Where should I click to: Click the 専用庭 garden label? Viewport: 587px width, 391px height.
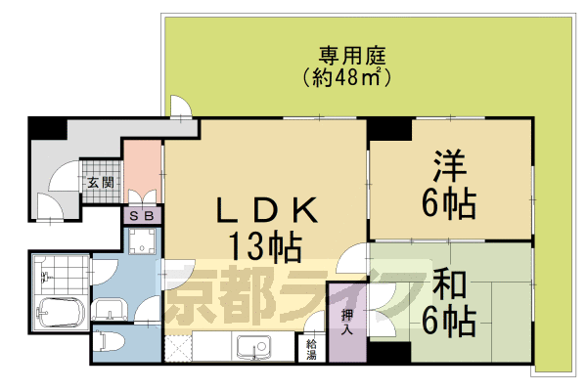pos(343,53)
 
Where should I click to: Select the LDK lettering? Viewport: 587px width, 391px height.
pos(266,209)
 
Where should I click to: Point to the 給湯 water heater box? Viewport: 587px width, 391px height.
pos(311,348)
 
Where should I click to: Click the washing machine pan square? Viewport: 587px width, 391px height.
pos(143,242)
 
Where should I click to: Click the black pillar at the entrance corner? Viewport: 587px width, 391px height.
pos(44,127)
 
